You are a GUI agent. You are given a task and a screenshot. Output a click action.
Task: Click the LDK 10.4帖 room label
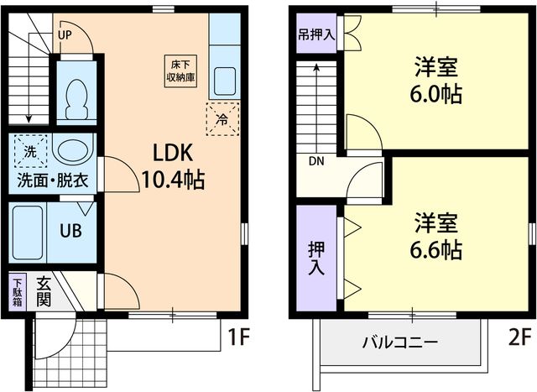pos(173,165)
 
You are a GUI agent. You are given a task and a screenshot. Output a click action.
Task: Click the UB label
pos(70,231)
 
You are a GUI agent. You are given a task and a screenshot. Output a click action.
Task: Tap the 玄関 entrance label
pos(44,290)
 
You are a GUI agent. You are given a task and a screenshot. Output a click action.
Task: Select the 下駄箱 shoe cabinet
pos(18,294)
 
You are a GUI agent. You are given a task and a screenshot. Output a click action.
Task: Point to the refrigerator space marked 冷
pos(222,118)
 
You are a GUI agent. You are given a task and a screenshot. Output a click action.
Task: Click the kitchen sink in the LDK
pos(223,82)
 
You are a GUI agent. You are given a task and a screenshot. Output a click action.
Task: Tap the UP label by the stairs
pos(65,35)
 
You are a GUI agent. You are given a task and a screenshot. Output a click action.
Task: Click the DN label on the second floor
pos(316,162)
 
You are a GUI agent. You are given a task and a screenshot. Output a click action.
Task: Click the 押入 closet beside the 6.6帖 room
pos(316,257)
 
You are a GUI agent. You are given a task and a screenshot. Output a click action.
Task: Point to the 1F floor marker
pos(238,338)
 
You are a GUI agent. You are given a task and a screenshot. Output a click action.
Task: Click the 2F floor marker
pos(519,338)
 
